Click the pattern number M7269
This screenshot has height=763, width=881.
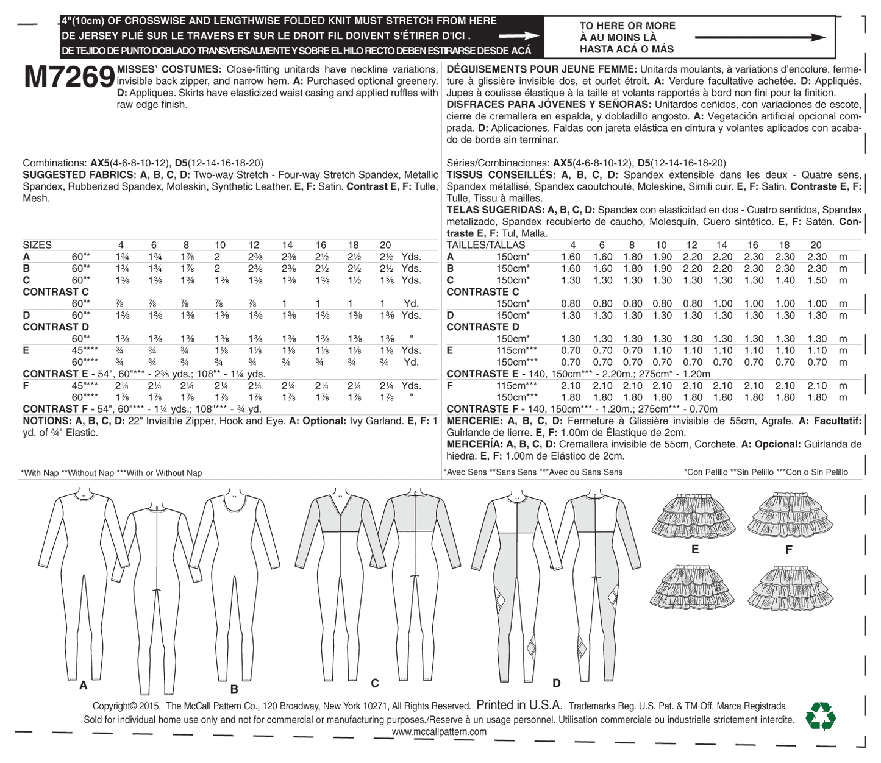coord(69,77)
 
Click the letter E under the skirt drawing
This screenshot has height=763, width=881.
coord(695,549)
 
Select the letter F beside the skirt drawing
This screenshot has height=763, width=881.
coord(789,550)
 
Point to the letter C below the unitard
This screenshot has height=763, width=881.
coord(375,683)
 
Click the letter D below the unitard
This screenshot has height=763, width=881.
coord(556,683)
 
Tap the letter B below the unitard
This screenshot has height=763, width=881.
coord(234,689)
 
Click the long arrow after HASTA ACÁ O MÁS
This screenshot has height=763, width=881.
coord(760,38)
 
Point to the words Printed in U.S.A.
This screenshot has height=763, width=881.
coord(519,705)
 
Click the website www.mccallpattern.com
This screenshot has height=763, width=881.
coord(439,731)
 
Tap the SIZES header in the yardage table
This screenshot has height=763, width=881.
coord(37,245)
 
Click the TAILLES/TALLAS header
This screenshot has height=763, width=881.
coord(485,245)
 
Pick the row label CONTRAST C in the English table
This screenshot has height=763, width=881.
coord(55,292)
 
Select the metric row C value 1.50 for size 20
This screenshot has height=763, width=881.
coord(817,280)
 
